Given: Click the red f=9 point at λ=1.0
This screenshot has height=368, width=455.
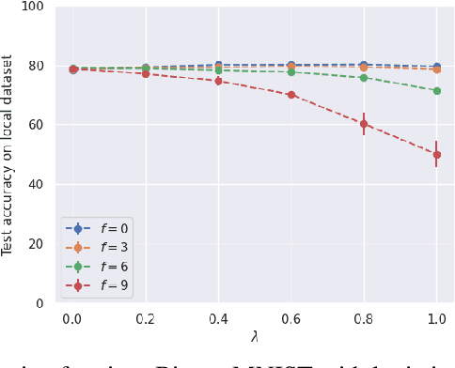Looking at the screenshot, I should [x=436, y=155].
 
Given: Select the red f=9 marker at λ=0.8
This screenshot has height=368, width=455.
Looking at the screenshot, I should [x=364, y=124].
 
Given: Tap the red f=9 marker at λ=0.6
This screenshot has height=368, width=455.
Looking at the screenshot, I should [x=290, y=95].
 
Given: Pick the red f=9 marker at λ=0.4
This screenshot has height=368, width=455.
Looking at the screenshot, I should [x=218, y=81].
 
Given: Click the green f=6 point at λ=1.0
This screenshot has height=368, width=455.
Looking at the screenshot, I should [x=436, y=91].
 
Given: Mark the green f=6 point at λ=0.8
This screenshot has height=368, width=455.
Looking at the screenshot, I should [x=364, y=77].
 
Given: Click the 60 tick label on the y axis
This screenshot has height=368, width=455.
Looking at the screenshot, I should [x=36, y=125].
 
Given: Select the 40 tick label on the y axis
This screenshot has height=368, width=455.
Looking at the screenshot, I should [x=36, y=185].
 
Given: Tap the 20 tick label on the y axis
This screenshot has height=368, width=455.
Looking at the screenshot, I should [x=36, y=244].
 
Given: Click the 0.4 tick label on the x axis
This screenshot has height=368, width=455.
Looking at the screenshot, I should [x=218, y=319].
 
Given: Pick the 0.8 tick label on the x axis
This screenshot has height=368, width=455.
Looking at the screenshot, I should [x=364, y=319].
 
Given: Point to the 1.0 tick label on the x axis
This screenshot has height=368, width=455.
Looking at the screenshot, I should [x=436, y=319].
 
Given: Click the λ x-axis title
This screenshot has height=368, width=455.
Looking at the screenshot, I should [x=254, y=336].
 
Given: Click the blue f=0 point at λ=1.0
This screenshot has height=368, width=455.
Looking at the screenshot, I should [x=436, y=67].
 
